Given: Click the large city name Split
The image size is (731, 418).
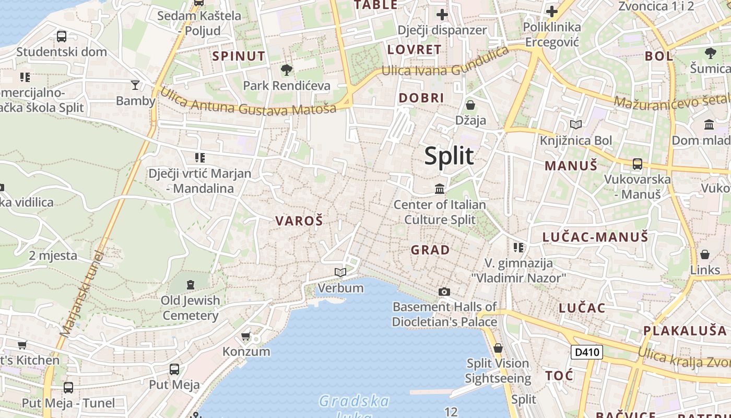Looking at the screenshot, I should point(449,156).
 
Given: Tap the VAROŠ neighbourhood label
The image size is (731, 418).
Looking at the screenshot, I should point(299,221).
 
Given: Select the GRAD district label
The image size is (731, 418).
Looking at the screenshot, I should point(430,250).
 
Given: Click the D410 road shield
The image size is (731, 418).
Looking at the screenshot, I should point(587,352).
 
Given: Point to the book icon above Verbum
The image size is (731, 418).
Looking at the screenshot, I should point(340,272).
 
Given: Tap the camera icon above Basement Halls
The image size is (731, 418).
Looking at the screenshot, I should point(444,292).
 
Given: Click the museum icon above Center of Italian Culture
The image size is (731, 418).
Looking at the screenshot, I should point(440,189).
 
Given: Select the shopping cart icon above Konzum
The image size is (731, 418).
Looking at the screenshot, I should point(246,336).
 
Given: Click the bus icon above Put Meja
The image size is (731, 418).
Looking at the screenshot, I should point(174,369).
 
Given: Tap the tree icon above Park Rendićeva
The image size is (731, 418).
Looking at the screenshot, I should point(286,69).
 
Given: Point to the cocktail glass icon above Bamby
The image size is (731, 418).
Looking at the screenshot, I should point(135,85).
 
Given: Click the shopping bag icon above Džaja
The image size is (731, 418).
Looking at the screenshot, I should point(470,105).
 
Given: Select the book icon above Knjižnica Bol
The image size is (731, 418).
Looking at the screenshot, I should point(576,124).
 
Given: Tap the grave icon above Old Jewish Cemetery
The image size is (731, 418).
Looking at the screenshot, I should point(190,285).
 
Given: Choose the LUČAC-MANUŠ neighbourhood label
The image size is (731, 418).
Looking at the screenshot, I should point(595,237).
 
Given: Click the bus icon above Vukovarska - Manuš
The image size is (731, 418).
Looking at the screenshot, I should point(637,164).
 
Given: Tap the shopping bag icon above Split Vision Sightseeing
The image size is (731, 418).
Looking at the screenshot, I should point(498,347).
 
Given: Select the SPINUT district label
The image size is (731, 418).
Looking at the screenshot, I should point(239,56).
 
